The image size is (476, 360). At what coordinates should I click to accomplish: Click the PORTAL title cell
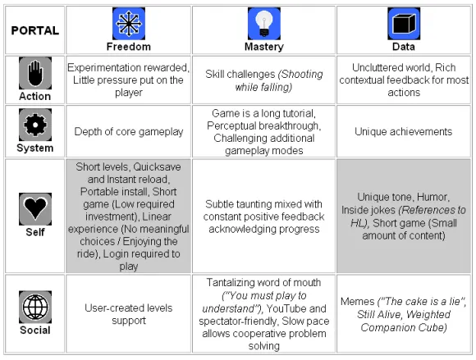(x=35, y=30)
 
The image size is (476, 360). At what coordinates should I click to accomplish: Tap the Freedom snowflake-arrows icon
(x=129, y=24)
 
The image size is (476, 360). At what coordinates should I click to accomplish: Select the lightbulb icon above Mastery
(x=264, y=24)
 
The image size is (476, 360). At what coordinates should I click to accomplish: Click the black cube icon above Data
(x=404, y=24)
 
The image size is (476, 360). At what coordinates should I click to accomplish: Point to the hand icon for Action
(x=35, y=73)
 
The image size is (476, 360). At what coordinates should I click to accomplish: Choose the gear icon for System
(x=35, y=125)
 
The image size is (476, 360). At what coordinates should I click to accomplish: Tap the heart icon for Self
(x=35, y=209)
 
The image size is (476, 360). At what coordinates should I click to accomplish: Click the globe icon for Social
(x=35, y=307)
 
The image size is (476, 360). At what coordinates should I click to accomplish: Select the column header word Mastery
(x=264, y=47)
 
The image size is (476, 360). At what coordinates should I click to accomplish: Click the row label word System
(x=35, y=148)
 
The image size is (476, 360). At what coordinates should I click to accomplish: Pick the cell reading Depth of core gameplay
(x=129, y=132)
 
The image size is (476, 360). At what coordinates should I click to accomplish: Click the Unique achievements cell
(x=404, y=132)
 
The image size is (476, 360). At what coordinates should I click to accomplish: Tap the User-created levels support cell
(x=129, y=314)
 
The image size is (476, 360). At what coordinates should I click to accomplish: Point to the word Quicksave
(x=157, y=167)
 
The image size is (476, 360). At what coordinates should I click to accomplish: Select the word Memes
(x=357, y=302)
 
